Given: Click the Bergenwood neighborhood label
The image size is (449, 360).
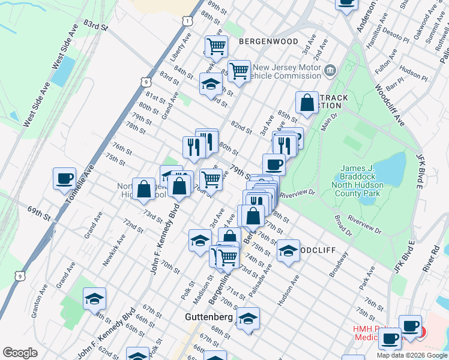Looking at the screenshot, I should click(x=268, y=41).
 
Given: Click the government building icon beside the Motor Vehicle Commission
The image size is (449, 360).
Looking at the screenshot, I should click(x=330, y=72).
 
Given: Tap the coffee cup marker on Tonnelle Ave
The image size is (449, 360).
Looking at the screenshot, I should click(x=65, y=179).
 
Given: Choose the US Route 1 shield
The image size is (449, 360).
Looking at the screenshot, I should click(x=188, y=21).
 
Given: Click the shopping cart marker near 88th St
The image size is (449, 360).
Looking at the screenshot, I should click(x=216, y=46).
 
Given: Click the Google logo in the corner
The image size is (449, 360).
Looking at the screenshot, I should click(x=20, y=353).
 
